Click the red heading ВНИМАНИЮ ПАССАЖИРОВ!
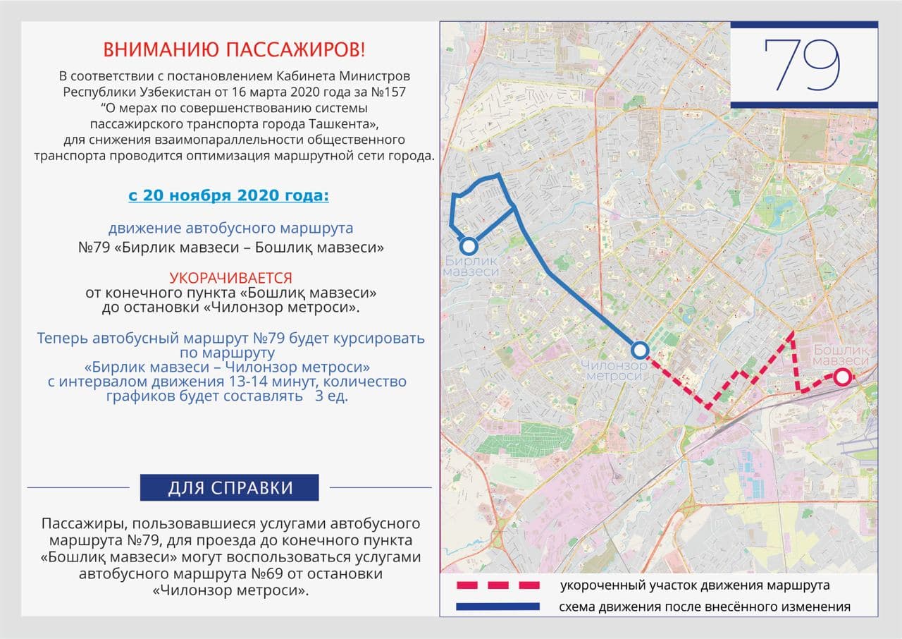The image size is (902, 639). pyautogui.click(x=234, y=50)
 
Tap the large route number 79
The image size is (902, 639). pyautogui.click(x=803, y=65)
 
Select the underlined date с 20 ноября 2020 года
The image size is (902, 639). pyautogui.click(x=228, y=195)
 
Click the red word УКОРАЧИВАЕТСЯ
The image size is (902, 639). pyautogui.click(x=230, y=278)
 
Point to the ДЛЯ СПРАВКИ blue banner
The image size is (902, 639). pyautogui.click(x=229, y=487)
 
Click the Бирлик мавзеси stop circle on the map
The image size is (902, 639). pyautogui.click(x=469, y=247)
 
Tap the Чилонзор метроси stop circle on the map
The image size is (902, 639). pyautogui.click(x=639, y=350)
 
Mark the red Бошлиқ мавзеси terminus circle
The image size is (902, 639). pyautogui.click(x=841, y=377)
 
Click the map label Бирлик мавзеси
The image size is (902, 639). pyautogui.click(x=471, y=267)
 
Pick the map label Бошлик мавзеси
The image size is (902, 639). pyautogui.click(x=841, y=355)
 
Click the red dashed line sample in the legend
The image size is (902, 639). pyautogui.click(x=498, y=585)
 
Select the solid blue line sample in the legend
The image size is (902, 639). pyautogui.click(x=498, y=607)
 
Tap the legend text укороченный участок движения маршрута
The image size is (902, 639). pyautogui.click(x=694, y=585)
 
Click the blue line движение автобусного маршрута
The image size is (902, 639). pyautogui.click(x=230, y=229)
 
